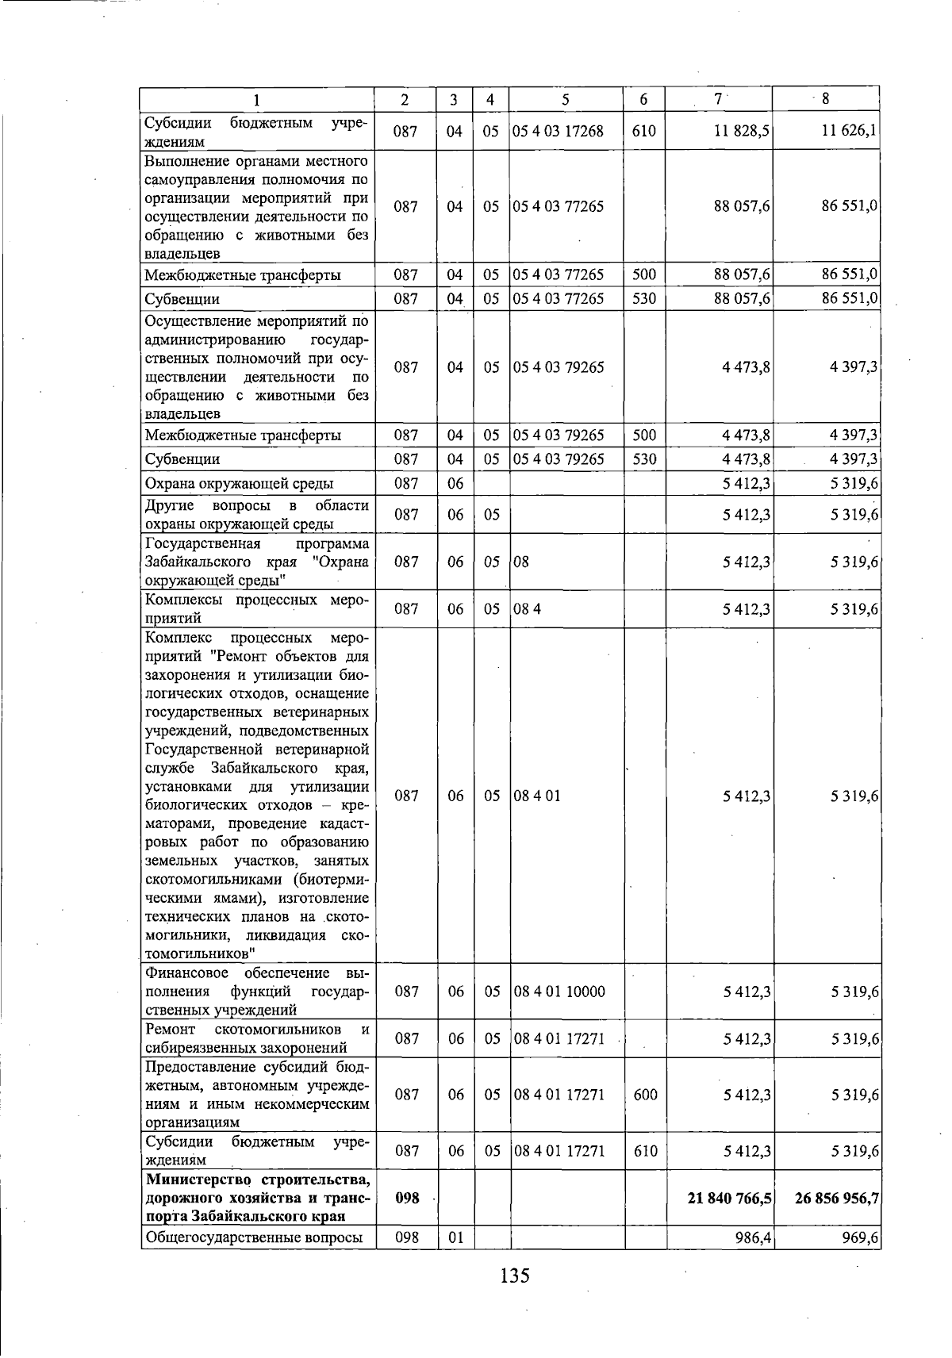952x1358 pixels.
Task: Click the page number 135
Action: pos(514,1276)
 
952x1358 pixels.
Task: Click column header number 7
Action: pos(718,99)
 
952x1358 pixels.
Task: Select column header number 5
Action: pos(565,100)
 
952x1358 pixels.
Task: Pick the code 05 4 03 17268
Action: pos(558,131)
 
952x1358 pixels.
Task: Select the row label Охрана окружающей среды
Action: pos(239,483)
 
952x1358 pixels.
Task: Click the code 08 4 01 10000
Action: pos(559,992)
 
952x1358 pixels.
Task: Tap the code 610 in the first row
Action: pos(643,131)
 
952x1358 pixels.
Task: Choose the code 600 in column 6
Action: pos(645,1095)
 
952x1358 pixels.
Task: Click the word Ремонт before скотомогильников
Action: pos(171,1029)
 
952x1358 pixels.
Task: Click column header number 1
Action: pos(256,100)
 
